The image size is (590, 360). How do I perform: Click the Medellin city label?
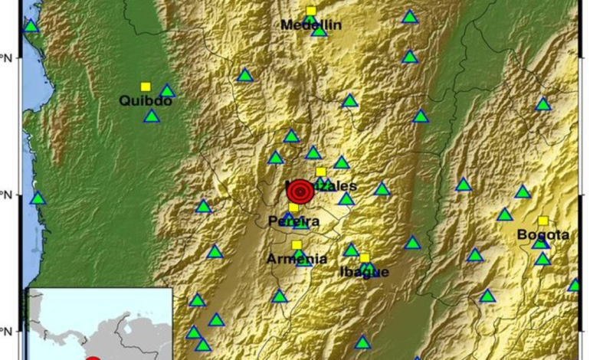tap(311, 25)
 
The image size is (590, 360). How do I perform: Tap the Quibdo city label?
tap(146, 100)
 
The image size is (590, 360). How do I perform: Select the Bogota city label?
tap(542, 234)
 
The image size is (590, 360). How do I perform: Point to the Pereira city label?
tap(293, 221)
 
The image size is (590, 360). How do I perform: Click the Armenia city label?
tap(297, 259)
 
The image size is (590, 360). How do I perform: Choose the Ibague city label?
tap(364, 272)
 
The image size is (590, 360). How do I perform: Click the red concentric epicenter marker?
tap(300, 191)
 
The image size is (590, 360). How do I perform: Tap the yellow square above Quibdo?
tap(146, 87)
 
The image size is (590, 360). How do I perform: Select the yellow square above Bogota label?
tap(542, 221)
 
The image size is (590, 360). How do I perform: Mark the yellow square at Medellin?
tap(311, 11)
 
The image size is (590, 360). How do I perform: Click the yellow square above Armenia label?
tap(297, 245)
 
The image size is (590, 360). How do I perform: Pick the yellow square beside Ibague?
tap(365, 258)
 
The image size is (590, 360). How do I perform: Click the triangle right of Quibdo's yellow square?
tap(167, 91)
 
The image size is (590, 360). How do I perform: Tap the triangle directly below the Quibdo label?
tap(152, 116)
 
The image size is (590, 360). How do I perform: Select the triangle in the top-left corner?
tap(31, 26)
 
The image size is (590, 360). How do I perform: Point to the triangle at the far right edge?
tap(575, 286)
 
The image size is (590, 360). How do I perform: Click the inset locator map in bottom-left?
tap(99, 324)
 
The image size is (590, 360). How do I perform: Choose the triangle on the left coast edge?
tap(38, 198)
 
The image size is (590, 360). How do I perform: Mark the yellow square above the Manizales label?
tap(321, 172)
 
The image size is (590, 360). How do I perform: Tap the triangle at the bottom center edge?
tap(362, 342)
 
